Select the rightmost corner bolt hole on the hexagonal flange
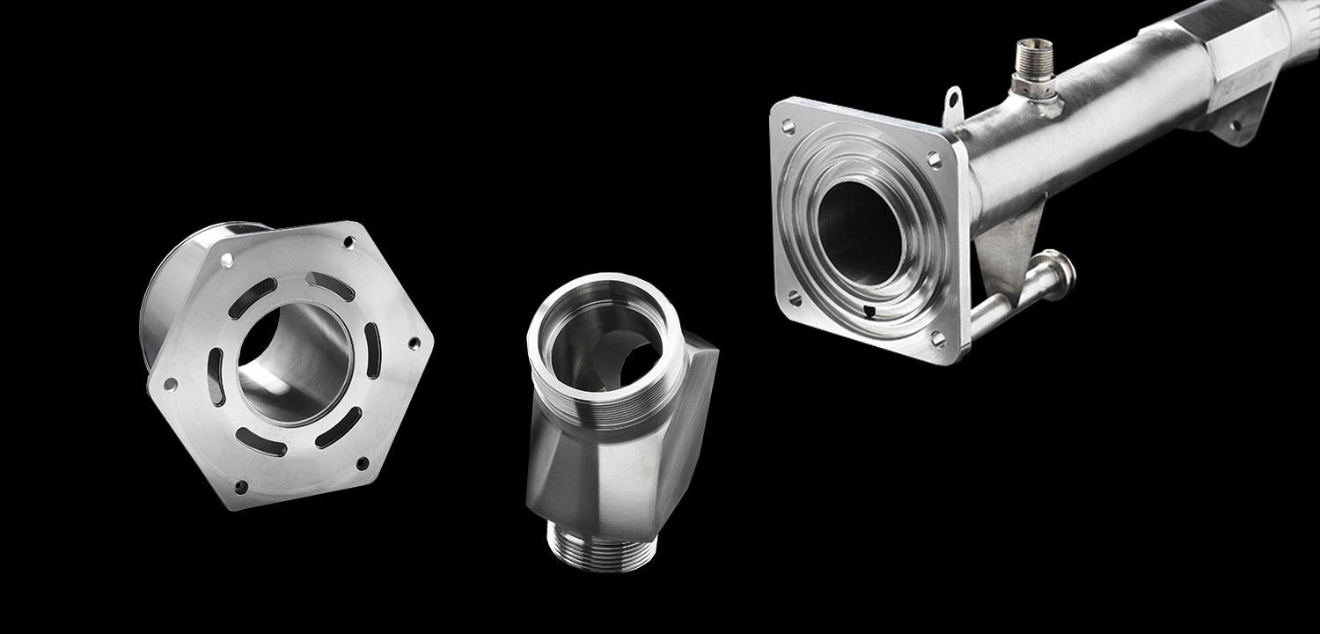[x=414, y=344]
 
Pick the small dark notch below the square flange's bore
[x=870, y=310]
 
